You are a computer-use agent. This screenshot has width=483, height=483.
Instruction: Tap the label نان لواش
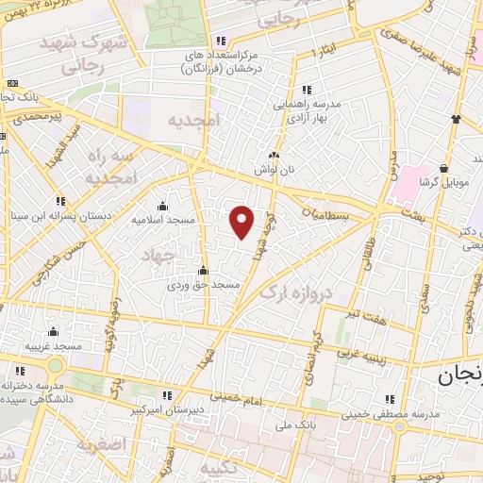point(274,169)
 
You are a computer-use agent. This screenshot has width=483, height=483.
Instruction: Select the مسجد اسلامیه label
point(162,219)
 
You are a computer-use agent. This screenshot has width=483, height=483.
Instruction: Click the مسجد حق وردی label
point(205,284)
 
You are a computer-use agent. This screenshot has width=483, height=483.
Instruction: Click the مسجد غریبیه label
point(53,346)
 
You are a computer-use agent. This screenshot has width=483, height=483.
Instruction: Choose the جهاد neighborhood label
point(159,255)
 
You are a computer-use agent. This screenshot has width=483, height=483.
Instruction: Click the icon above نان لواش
point(274,155)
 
